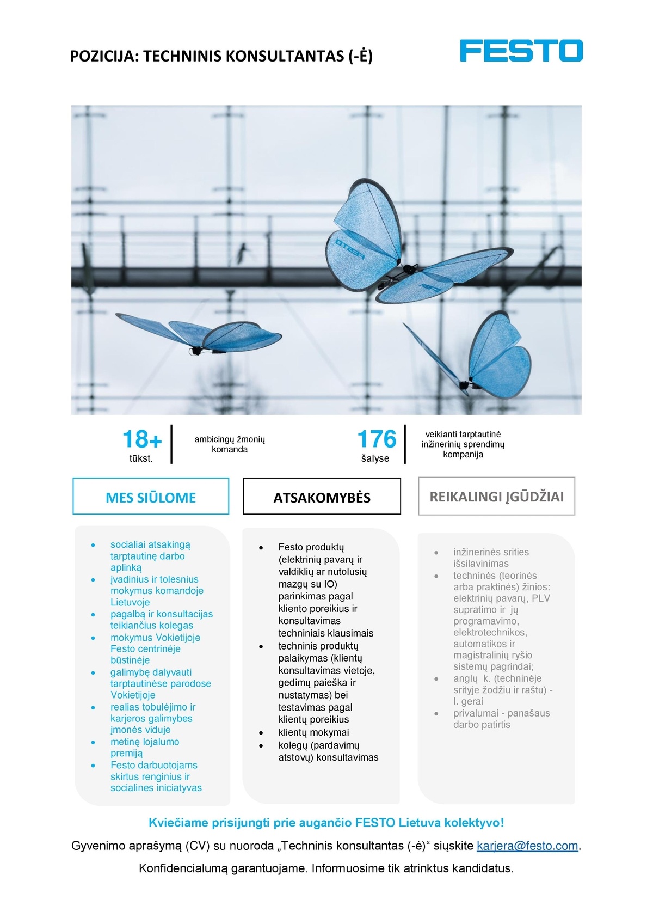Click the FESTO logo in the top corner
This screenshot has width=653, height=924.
[521, 51]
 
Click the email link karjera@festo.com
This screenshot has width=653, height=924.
[527, 846]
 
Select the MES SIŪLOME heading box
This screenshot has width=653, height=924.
[151, 497]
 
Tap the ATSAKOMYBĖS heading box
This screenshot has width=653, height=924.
[322, 497]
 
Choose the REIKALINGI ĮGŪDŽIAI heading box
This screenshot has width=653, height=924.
[496, 497]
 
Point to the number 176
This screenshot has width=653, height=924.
[377, 439]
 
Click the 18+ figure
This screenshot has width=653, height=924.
[141, 439]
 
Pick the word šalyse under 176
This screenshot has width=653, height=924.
[375, 458]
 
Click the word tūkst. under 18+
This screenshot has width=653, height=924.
[141, 458]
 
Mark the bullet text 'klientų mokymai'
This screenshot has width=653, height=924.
[313, 732]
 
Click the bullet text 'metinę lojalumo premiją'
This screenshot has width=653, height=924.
[144, 748]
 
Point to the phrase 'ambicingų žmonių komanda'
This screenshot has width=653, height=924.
[230, 444]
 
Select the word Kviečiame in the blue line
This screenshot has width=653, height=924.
[177, 823]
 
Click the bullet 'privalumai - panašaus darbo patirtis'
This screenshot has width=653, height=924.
[501, 719]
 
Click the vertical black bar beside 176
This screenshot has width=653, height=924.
[405, 444]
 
